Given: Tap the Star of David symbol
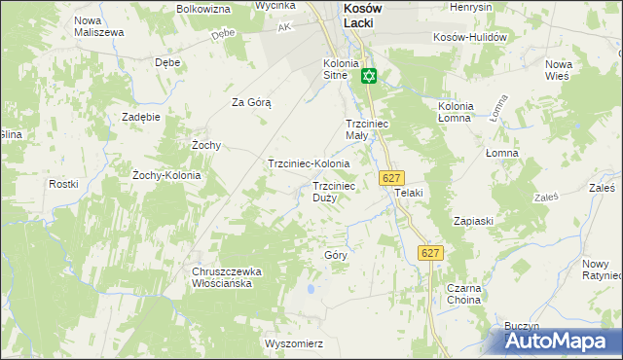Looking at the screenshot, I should point(369,76).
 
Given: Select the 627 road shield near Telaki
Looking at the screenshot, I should point(390,178).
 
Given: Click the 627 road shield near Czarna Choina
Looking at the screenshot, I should point(431,253).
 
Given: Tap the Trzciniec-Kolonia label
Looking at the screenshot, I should point(309,164).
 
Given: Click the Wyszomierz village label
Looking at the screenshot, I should point(293,344).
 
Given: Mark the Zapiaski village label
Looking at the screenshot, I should point(473,221).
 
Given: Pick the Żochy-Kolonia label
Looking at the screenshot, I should point(166,176).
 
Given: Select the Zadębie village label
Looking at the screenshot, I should point(141,117).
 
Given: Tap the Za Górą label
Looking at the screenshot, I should point(250,102).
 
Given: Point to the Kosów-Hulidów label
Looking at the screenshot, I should point(471,37).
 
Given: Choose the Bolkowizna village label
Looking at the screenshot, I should point(203,8).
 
